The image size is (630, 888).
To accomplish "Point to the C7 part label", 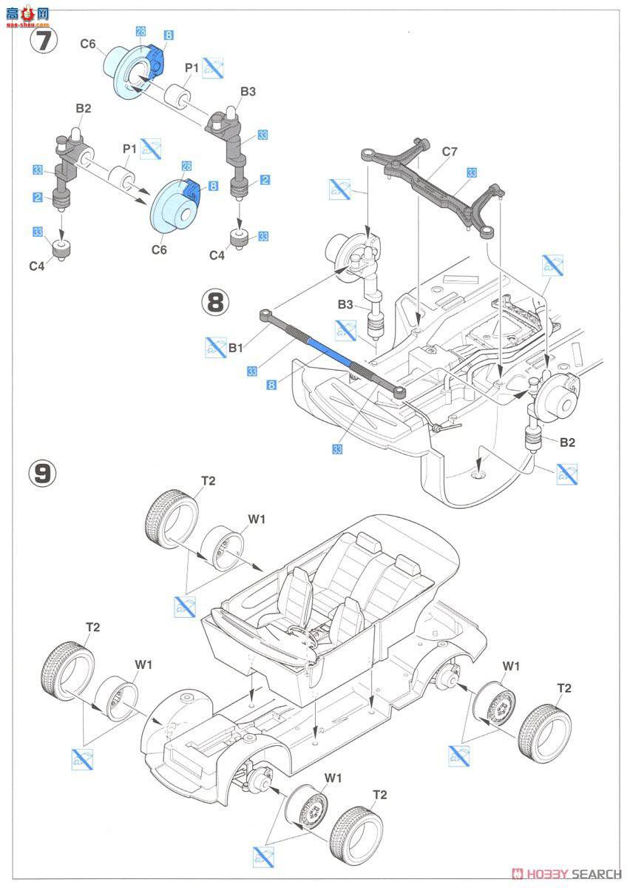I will (451, 152).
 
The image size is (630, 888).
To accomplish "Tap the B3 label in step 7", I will (248, 92).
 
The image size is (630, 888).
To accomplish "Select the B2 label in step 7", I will (84, 109).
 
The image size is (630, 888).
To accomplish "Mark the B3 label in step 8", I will (346, 304).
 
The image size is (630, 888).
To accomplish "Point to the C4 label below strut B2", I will (36, 266).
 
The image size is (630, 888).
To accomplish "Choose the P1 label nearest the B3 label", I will (192, 68).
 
